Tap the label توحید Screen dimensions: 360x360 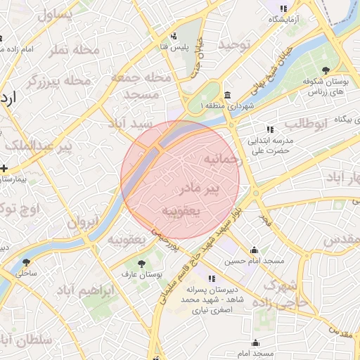(x=233, y=44)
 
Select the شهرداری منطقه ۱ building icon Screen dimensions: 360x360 (x=227, y=95)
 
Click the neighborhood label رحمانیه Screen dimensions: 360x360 (x=224, y=160)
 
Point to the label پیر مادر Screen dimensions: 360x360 (x=200, y=188)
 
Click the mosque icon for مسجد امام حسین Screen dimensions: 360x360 (x=254, y=250)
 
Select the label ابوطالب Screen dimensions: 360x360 (x=307, y=124)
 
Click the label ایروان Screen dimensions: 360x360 (x=84, y=223)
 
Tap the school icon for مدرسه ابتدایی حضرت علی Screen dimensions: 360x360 (x=270, y=129)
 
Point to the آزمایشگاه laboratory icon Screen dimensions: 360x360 (x=283, y=9)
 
